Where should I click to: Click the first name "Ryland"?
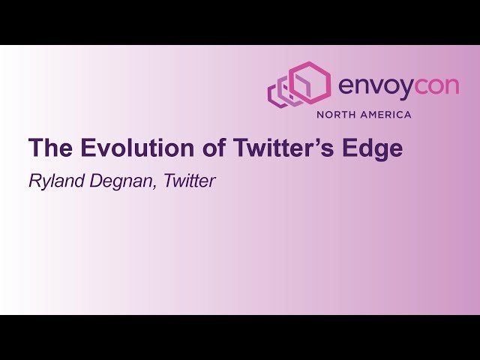click(x=53, y=181)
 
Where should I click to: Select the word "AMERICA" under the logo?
click(x=386, y=115)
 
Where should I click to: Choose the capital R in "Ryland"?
click(x=34, y=181)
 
